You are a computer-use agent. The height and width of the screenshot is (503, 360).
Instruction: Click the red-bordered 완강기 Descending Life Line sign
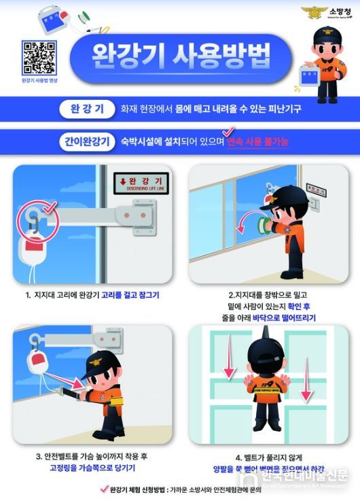(142, 181)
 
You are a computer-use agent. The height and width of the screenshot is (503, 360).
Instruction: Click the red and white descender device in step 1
(33, 253)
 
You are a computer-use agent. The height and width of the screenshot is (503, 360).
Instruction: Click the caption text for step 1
(92, 296)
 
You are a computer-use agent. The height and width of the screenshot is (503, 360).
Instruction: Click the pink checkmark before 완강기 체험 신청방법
(103, 488)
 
